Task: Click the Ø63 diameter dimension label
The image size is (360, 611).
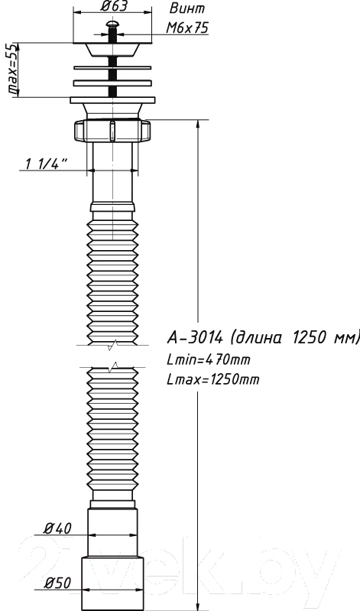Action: pos(112,7)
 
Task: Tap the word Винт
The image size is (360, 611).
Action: pos(187,8)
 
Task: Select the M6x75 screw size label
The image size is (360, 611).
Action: pos(187,28)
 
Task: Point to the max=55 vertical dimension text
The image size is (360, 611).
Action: pos(13,70)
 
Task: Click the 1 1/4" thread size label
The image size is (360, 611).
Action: pos(47,164)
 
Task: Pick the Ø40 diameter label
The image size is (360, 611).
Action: pos(57,528)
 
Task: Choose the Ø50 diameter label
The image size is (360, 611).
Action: pos(57,583)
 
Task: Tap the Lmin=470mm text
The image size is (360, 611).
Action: pos(209,359)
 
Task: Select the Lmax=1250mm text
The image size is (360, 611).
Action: pos(212,379)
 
